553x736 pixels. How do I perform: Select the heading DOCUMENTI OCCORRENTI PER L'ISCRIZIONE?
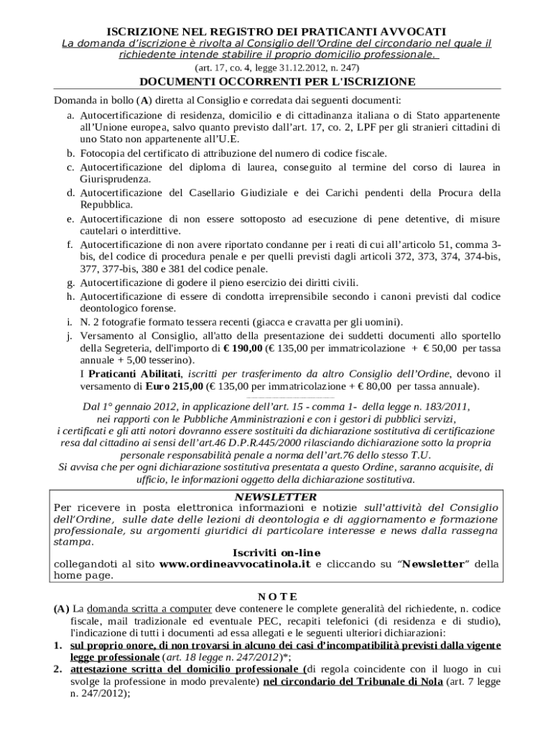coord(277,81)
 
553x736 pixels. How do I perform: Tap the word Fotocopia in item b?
coord(101,154)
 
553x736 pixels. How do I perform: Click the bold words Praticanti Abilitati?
coord(135,374)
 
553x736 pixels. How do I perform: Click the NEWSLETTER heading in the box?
coord(276,497)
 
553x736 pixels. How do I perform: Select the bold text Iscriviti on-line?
coord(276,552)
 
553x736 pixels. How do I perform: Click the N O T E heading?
coord(277,596)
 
